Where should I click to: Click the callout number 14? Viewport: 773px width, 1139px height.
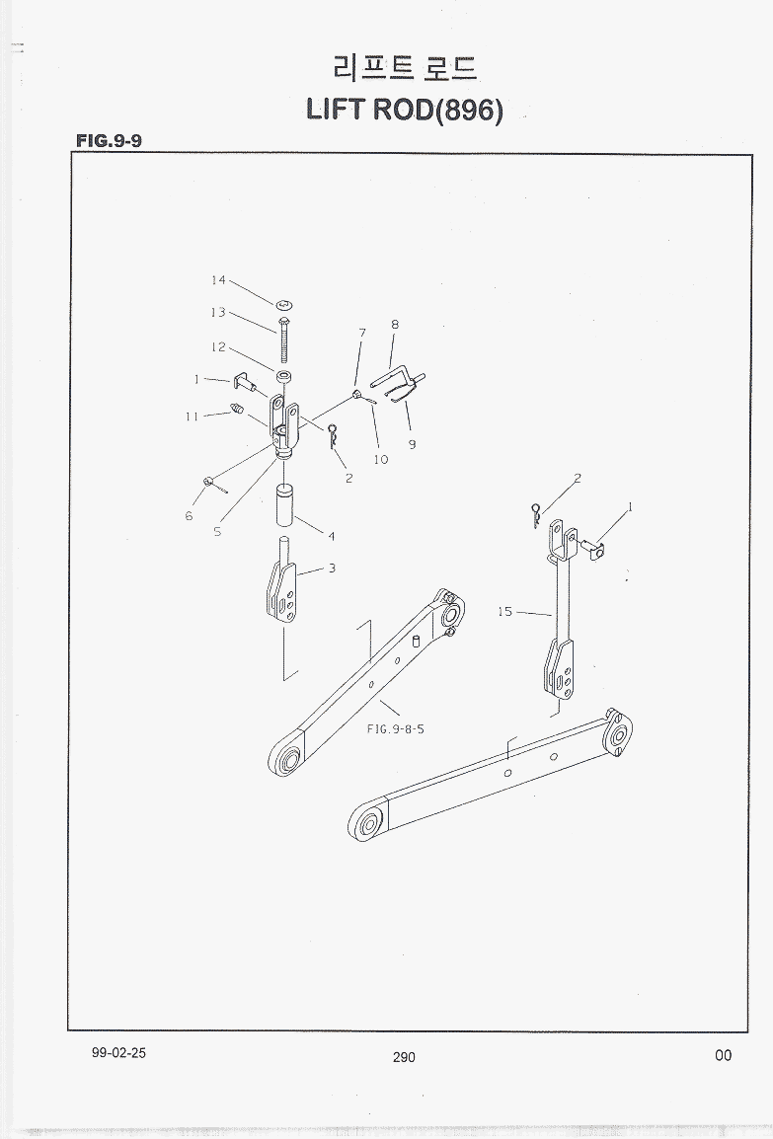(x=219, y=280)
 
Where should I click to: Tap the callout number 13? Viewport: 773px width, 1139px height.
(x=219, y=312)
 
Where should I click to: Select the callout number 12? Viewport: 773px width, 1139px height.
(x=219, y=347)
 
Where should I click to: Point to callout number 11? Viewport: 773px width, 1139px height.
(x=192, y=417)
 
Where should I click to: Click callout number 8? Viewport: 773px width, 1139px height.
(x=395, y=324)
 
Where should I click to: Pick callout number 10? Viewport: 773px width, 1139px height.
(x=381, y=459)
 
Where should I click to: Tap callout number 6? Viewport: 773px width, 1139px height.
(x=189, y=516)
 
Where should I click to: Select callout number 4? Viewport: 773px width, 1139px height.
(x=332, y=537)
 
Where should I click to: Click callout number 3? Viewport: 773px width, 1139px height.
(x=332, y=569)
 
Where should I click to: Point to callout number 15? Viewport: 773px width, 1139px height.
(x=504, y=612)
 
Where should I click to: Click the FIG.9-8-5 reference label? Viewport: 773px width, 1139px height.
(x=395, y=728)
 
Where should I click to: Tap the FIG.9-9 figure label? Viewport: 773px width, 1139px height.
(x=109, y=141)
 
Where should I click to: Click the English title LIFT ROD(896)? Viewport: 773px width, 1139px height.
(x=405, y=110)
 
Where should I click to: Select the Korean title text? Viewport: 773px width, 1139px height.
(x=405, y=67)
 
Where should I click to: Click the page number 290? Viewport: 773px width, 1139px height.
(x=404, y=1058)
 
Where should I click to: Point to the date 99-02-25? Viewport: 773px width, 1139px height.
(x=118, y=1053)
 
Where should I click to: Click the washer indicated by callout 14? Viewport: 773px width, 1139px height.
(x=284, y=304)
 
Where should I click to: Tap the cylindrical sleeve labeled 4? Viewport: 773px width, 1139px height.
(x=284, y=502)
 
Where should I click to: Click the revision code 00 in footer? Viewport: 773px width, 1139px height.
(x=723, y=1055)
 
